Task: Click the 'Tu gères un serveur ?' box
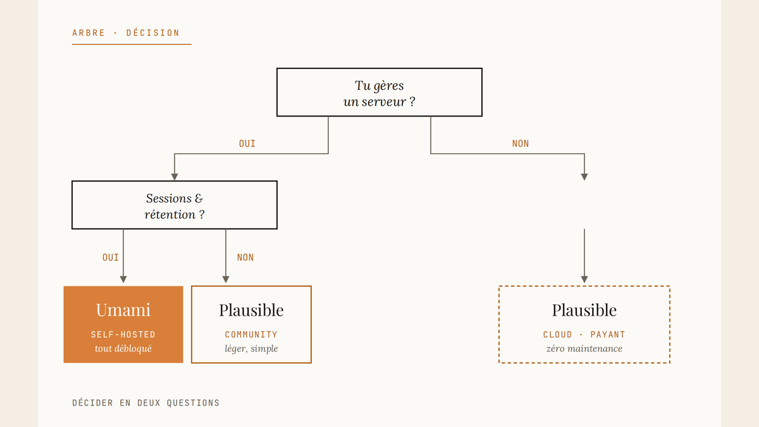pyautogui.click(x=379, y=92)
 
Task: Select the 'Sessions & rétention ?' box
pyautogui.click(x=175, y=205)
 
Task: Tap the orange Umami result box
pyautogui.click(x=123, y=325)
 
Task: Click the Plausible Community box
pyautogui.click(x=251, y=325)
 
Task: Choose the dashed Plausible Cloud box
pyautogui.click(x=584, y=325)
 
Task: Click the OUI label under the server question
pyautogui.click(x=247, y=144)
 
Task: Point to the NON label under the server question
pyautogui.click(x=521, y=144)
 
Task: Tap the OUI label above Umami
pyautogui.click(x=111, y=257)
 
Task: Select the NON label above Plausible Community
pyautogui.click(x=245, y=257)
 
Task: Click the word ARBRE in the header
pyautogui.click(x=89, y=33)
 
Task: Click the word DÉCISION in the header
pyautogui.click(x=153, y=33)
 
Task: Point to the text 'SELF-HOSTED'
pyautogui.click(x=123, y=335)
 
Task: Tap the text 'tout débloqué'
pyautogui.click(x=123, y=349)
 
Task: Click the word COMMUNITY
pyautogui.click(x=251, y=335)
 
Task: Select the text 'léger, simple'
pyautogui.click(x=251, y=349)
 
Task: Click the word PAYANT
pyautogui.click(x=608, y=335)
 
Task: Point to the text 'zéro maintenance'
pyautogui.click(x=584, y=349)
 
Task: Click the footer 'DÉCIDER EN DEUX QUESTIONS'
pyautogui.click(x=145, y=402)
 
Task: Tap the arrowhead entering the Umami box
pyautogui.click(x=123, y=279)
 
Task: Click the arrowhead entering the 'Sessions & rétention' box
pyautogui.click(x=175, y=177)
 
